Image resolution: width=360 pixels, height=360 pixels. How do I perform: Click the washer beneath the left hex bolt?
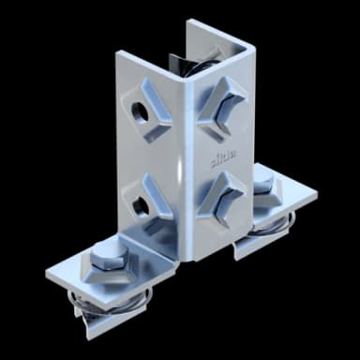click(x=105, y=272)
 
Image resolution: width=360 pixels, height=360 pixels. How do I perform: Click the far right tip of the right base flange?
click(x=316, y=195)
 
